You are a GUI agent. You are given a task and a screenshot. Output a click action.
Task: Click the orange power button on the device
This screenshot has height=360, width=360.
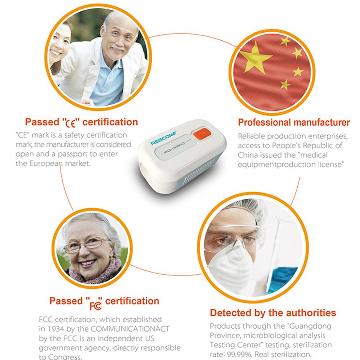202,134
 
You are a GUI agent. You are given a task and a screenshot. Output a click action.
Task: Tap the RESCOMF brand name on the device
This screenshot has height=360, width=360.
163,138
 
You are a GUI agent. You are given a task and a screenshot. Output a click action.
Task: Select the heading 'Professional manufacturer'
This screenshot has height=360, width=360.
294,122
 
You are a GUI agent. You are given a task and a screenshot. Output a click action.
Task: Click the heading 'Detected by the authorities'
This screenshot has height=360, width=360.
273,313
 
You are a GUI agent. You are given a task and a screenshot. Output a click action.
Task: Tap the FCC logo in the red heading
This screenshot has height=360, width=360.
95,305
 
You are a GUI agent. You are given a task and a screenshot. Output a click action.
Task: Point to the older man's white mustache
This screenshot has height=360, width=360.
117,49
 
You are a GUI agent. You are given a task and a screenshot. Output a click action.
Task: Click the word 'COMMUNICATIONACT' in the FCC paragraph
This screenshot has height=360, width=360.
130,329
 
